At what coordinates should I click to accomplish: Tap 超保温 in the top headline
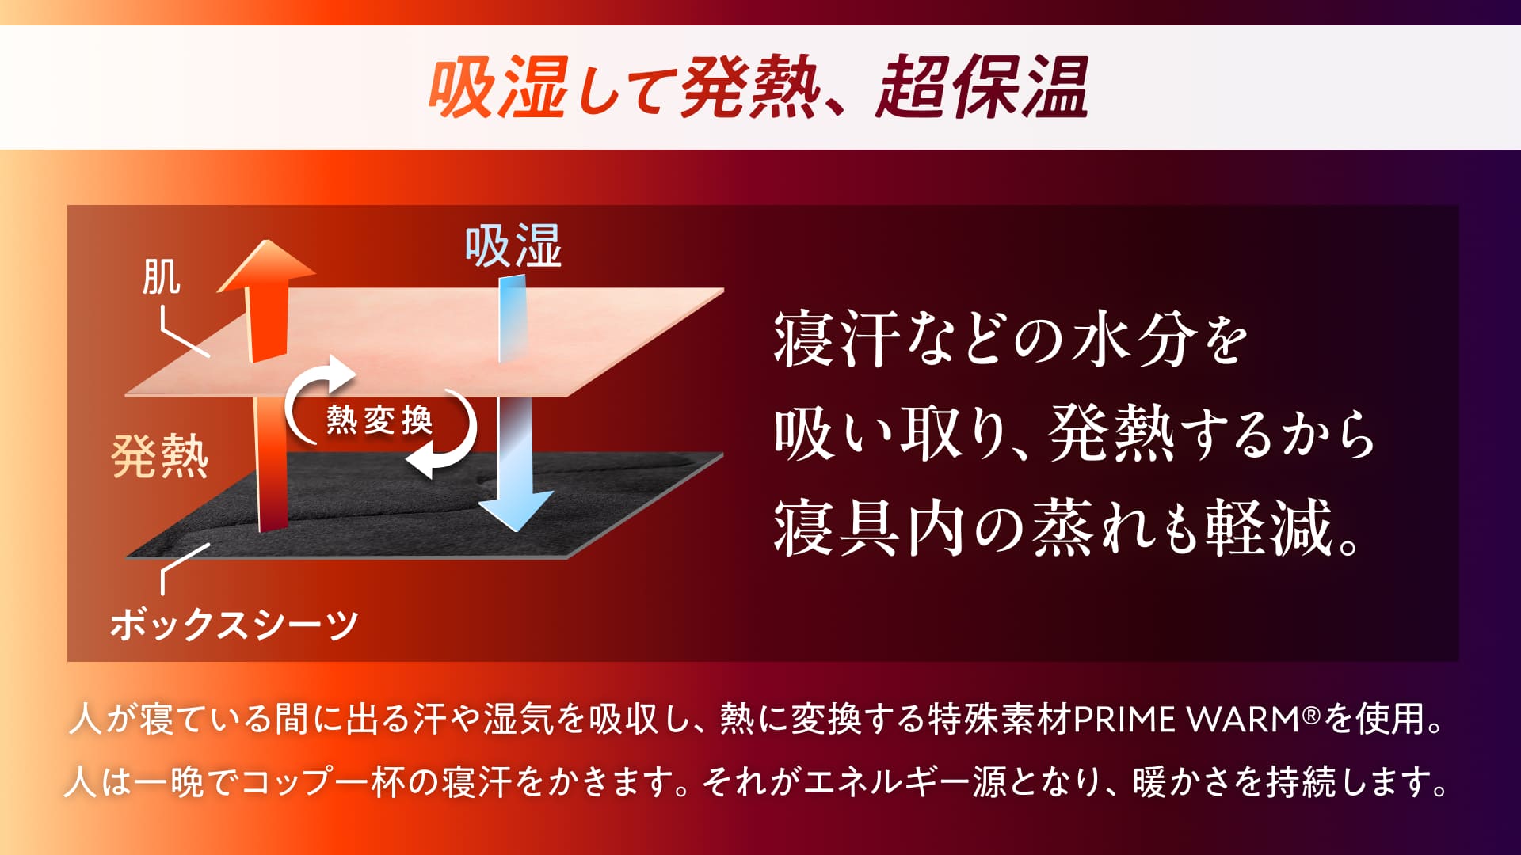point(983,87)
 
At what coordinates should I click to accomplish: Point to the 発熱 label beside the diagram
point(160,456)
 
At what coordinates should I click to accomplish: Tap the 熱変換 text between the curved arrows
point(379,420)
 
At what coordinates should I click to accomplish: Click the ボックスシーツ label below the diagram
point(234,625)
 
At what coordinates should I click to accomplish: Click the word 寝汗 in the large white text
point(837,338)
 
